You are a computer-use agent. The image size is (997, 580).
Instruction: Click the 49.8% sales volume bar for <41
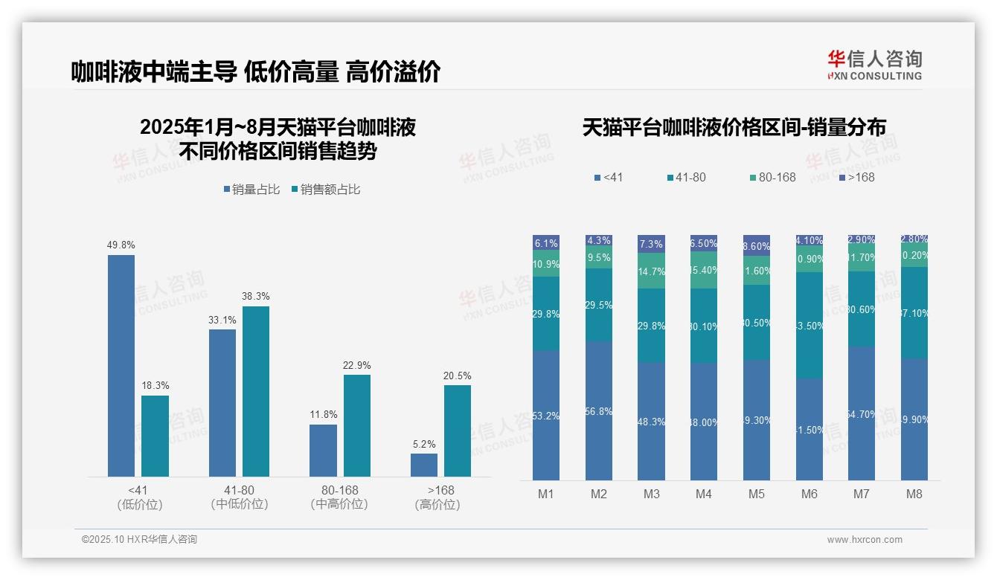(121, 365)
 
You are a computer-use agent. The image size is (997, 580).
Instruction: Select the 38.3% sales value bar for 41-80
(256, 391)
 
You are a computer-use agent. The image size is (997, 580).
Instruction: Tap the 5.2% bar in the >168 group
(424, 465)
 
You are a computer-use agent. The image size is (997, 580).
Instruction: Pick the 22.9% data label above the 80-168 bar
(357, 366)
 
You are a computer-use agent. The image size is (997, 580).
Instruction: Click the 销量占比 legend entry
(251, 190)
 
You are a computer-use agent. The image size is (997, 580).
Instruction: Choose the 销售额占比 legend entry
(326, 190)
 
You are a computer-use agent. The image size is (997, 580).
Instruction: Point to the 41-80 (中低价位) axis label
(240, 497)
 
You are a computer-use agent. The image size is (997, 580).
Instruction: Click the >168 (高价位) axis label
(440, 497)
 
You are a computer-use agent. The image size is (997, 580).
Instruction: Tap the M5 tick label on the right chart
(757, 494)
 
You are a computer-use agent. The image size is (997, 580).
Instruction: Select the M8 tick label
(914, 494)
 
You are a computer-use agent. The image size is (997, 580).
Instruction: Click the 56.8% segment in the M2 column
(599, 410)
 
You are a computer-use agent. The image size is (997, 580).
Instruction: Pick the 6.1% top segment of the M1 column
(546, 243)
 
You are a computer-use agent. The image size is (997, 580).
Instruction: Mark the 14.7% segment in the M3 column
(652, 271)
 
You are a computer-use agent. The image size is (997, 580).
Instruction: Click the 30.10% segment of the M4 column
(704, 326)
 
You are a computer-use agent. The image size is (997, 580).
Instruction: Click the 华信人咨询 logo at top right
(874, 65)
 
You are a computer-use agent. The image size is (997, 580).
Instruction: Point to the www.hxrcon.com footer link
(865, 540)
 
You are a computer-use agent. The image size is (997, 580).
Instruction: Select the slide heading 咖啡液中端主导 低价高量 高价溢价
(256, 71)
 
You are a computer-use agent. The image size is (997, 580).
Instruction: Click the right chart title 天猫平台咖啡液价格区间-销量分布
(734, 128)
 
